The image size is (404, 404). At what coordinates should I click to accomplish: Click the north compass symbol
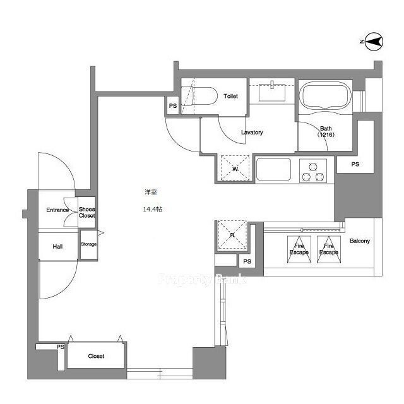click(x=374, y=42)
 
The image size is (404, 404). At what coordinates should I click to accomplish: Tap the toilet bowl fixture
click(x=198, y=96)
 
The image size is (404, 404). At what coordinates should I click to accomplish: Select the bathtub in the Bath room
click(x=326, y=95)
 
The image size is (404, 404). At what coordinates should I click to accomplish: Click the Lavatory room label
click(x=252, y=133)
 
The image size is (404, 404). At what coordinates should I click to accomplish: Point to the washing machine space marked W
click(x=235, y=168)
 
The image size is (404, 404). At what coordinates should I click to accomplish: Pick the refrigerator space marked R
click(x=232, y=235)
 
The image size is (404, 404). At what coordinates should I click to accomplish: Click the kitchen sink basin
click(x=273, y=169)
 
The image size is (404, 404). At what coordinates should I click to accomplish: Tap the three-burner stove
click(x=313, y=171)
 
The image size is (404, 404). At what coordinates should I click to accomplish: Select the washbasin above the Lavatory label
click(x=272, y=92)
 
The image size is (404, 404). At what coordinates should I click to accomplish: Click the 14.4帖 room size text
click(x=153, y=209)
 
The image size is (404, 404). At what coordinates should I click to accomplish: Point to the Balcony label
click(x=360, y=241)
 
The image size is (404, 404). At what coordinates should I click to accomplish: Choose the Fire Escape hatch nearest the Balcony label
click(x=329, y=249)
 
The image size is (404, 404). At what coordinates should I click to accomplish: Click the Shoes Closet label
click(x=87, y=213)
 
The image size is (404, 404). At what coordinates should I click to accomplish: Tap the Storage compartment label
click(x=89, y=244)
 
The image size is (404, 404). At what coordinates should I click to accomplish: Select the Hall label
click(x=57, y=247)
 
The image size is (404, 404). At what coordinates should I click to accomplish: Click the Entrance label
click(x=57, y=210)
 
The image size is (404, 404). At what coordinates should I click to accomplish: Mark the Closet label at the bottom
click(x=96, y=356)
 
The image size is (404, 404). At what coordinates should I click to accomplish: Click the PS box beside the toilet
click(x=173, y=105)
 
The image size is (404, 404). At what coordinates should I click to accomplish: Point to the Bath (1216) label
click(x=326, y=131)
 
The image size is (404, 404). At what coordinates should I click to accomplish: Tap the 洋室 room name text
click(x=151, y=192)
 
